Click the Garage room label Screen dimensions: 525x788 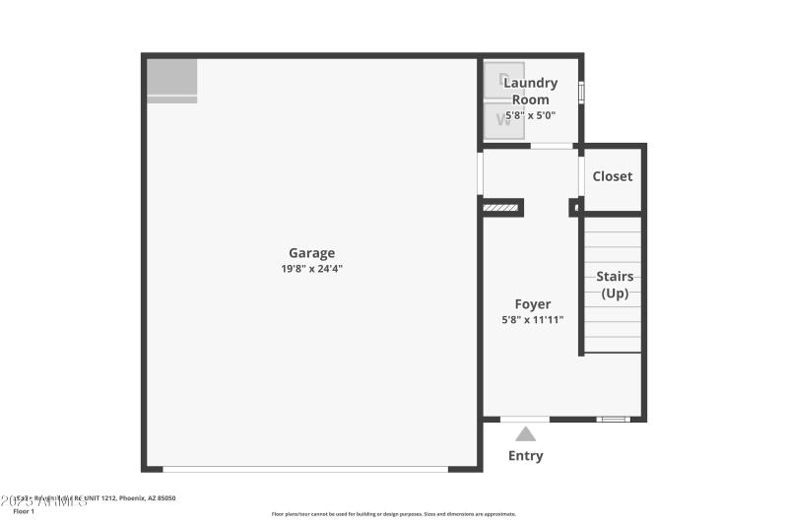click(311, 253)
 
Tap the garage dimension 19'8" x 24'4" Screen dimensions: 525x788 click(311, 268)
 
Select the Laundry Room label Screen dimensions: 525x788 click(530, 91)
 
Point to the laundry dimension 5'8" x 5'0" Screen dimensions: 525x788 click(530, 115)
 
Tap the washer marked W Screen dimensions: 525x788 click(504, 120)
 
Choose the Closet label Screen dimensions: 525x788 click(613, 176)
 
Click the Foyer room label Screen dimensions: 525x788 click(533, 304)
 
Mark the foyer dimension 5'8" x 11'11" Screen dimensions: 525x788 click(533, 319)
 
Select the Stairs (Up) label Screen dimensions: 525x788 click(615, 285)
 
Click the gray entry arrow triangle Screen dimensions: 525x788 click(526, 433)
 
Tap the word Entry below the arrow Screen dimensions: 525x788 click(525, 456)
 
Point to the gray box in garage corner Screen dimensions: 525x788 click(172, 80)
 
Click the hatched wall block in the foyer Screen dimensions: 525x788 click(502, 208)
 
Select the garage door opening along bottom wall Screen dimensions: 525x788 click(305, 469)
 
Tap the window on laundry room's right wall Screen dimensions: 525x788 click(581, 92)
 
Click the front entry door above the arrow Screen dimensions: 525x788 click(525, 419)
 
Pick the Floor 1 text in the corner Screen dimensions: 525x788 click(24, 512)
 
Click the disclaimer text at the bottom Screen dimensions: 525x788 click(394, 514)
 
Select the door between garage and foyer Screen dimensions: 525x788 click(480, 173)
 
